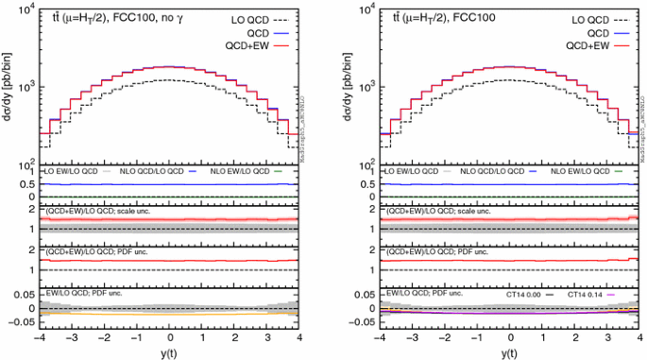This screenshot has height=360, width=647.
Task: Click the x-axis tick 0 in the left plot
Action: click(169, 336)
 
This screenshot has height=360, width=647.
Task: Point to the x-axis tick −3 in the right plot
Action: click(410, 336)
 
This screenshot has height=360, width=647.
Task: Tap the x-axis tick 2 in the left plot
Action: click(234, 336)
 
